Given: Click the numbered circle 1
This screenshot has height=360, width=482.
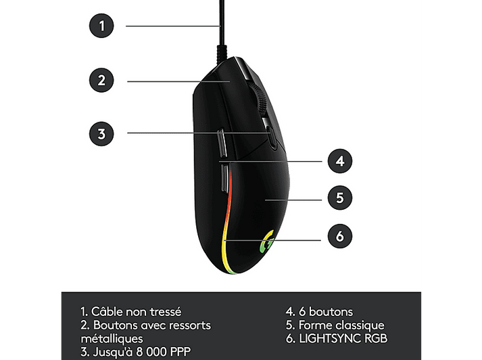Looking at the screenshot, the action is (101, 26).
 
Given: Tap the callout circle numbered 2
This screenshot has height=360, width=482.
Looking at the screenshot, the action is (101, 81).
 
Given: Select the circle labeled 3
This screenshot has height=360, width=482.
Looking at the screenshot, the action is (101, 134).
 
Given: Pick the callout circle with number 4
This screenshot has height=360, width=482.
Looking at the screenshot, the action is (339, 161).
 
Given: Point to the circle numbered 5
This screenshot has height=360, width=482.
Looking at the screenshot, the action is (339, 198).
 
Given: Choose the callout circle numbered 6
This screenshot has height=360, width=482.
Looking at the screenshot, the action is (339, 236).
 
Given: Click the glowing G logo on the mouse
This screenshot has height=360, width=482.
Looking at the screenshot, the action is (267, 242).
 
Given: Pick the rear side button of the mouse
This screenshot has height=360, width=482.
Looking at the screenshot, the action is (225, 178).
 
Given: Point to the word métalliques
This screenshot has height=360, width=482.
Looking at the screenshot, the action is (112, 338).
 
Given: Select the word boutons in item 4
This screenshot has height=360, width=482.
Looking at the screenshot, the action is (331, 312).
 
